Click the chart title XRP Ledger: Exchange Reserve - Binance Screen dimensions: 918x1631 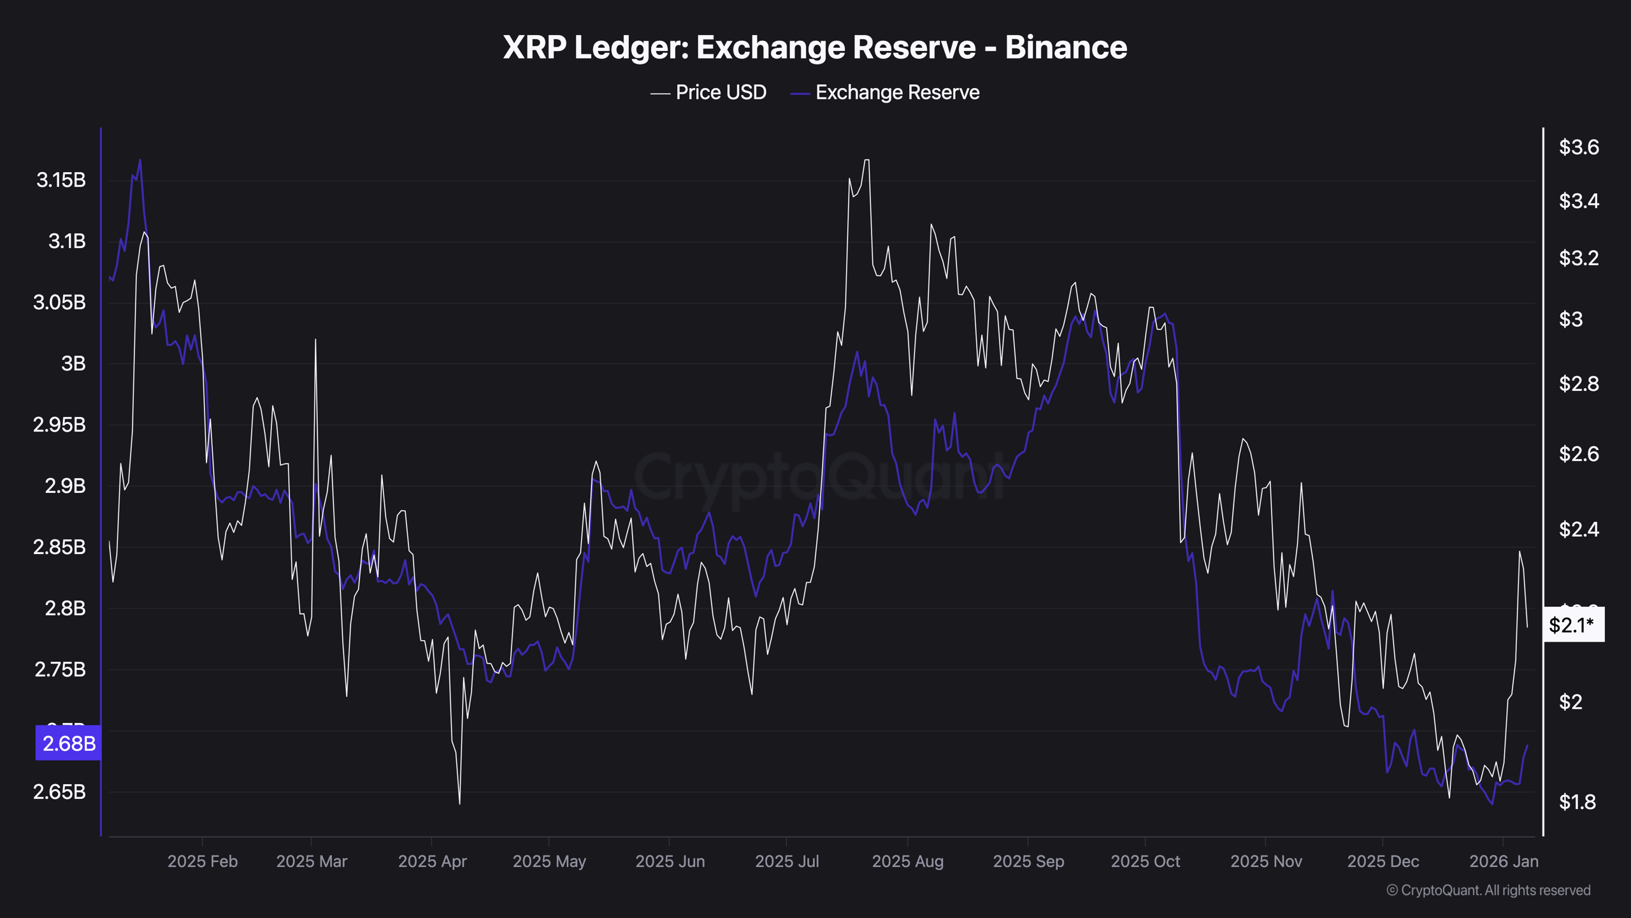coord(815,47)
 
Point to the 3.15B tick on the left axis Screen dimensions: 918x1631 coord(61,180)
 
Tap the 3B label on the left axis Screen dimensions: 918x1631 coord(73,363)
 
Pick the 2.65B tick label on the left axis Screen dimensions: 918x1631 coord(59,792)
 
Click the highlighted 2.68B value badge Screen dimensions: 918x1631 coord(68,743)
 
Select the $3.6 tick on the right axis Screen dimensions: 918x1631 coord(1578,147)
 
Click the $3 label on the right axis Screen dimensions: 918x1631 coord(1570,319)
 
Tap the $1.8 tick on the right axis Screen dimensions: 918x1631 coord(1577,802)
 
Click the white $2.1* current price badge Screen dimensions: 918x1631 coord(1572,625)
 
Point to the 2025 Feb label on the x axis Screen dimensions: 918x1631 coord(202,861)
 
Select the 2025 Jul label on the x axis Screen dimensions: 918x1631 coord(786,861)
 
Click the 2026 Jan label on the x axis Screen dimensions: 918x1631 coord(1503,861)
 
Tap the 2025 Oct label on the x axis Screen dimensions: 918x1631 coord(1145,861)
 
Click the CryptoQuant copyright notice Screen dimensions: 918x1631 coord(1488,890)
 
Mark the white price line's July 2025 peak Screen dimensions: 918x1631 coord(866,160)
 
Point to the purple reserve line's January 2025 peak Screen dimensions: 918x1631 coord(140,160)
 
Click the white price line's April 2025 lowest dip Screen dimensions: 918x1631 coord(459,803)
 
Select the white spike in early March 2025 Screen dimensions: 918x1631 coord(315,340)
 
